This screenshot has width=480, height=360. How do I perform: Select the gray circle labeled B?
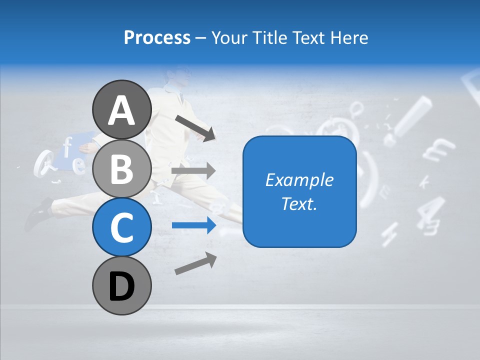point(121,169)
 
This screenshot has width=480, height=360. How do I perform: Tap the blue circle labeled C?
point(121,227)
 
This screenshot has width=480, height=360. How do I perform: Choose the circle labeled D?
point(121,286)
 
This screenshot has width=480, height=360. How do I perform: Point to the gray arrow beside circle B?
point(193,171)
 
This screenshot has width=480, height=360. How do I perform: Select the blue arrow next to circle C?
point(193,225)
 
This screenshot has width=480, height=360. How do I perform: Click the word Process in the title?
point(157,37)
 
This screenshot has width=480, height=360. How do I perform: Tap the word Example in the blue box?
point(299,180)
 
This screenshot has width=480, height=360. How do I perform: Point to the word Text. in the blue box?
point(299,203)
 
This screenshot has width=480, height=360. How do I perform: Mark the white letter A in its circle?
point(121,110)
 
